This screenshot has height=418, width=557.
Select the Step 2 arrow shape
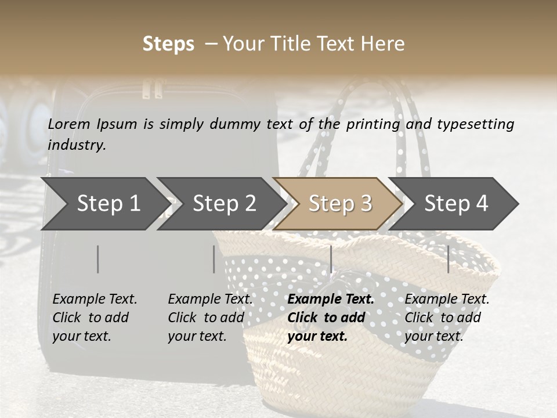[x=221, y=204]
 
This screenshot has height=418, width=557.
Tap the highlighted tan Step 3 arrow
[x=338, y=204]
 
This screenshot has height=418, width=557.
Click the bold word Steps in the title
[x=168, y=44]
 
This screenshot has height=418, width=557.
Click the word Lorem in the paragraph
[x=68, y=124]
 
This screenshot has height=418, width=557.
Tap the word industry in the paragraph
[x=77, y=145]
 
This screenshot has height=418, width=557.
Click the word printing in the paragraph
[x=373, y=124]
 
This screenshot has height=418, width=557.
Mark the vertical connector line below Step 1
[x=98, y=259]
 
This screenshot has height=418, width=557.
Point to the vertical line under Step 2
[x=214, y=259]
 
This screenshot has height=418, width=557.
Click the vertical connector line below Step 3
[x=331, y=259]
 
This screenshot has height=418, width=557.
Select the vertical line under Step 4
[x=449, y=259]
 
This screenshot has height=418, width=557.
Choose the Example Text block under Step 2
[x=209, y=318]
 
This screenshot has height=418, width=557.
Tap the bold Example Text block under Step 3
[x=330, y=318]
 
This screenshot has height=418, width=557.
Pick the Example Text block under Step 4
[x=446, y=318]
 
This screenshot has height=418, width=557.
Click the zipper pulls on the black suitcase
[x=152, y=89]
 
